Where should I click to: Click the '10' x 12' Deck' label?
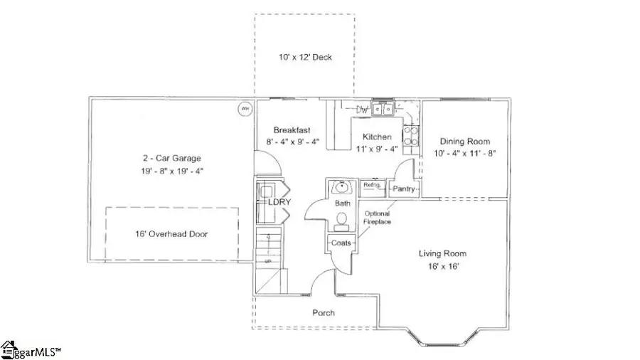click(x=306, y=57)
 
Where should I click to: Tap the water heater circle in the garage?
click(x=244, y=109)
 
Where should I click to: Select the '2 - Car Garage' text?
click(x=171, y=158)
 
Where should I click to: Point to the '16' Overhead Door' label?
click(x=171, y=234)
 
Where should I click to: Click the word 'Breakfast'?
click(x=292, y=129)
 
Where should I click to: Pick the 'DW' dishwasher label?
click(x=362, y=110)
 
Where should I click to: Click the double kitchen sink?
click(x=385, y=110)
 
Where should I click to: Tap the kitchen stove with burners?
click(x=412, y=139)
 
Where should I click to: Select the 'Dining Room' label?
click(x=464, y=141)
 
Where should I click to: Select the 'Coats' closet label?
click(x=341, y=243)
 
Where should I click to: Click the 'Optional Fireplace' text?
click(x=377, y=218)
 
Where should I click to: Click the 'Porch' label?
click(x=323, y=312)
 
